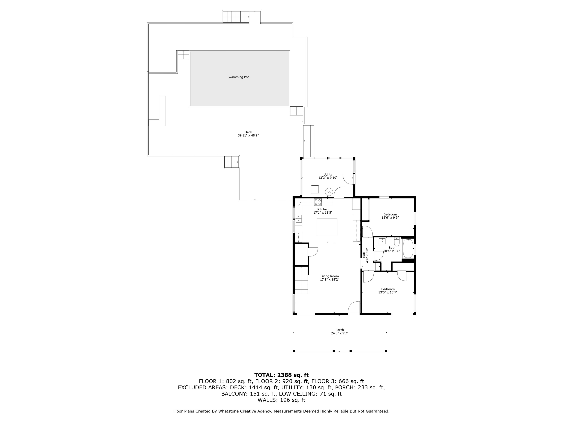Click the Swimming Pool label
click(239, 77)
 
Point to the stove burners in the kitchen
click(318, 202)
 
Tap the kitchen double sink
click(299, 219)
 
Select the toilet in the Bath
click(397, 242)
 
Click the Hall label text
click(364, 255)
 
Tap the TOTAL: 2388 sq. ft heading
click(281, 375)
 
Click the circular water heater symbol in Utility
click(329, 192)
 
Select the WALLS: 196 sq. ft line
click(281, 400)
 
